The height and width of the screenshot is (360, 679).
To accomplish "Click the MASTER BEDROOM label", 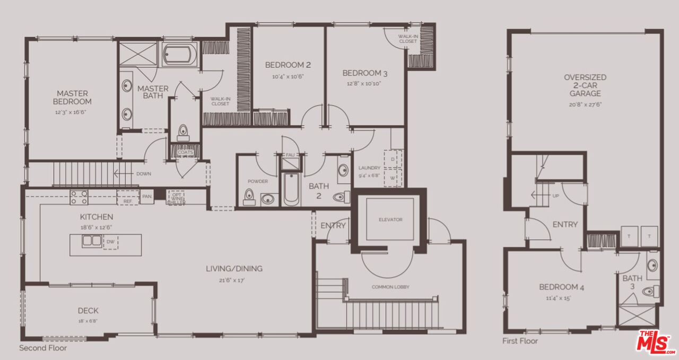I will click(x=72, y=98).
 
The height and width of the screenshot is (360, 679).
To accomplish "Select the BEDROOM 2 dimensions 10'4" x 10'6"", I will click(x=288, y=76).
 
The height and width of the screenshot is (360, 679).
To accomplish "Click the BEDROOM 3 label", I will click(x=361, y=73).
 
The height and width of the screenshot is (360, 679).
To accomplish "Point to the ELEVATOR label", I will click(x=390, y=219).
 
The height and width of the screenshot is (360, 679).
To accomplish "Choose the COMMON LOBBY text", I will click(x=390, y=287).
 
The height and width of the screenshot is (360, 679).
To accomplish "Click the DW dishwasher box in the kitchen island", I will click(x=110, y=242).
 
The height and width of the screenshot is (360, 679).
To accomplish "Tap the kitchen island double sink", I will click(x=92, y=241).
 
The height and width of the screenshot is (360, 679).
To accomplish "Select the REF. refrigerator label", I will click(x=127, y=201).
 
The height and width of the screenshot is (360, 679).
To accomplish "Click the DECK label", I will click(x=88, y=311).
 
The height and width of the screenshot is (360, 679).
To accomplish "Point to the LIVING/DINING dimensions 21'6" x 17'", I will click(x=234, y=279).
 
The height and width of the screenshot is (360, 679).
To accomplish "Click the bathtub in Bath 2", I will click(x=291, y=189).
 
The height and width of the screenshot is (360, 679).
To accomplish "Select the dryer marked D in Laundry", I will click(x=393, y=159).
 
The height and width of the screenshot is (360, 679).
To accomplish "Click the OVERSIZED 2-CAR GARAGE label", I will click(x=585, y=85).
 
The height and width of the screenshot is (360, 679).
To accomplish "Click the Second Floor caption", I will click(x=43, y=348).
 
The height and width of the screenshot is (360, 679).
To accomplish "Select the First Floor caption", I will click(x=520, y=341).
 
